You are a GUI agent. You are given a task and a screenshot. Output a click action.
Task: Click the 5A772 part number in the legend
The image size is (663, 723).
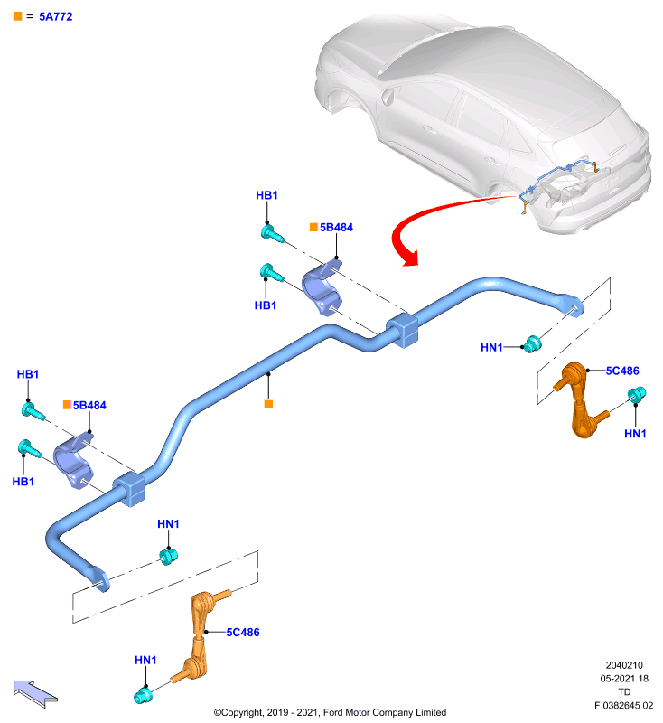coord(56,16)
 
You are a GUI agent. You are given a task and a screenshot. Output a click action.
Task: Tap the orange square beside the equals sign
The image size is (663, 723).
coord(18,16)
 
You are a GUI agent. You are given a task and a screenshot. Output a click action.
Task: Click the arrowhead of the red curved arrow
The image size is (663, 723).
coord(409,258)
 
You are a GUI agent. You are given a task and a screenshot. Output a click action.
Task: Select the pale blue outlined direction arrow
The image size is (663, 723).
coord(35,693)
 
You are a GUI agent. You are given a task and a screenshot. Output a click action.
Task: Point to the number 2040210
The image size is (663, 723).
coord(624,665)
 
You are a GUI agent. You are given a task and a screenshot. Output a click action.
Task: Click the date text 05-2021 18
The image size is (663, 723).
coord(624,679)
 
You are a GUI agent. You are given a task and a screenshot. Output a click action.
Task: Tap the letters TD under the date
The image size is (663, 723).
coord(624,691)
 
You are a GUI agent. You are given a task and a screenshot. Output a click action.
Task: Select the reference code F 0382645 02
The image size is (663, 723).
coord(623,705)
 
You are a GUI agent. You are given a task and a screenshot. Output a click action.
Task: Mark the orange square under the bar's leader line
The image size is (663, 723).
coord(268,404)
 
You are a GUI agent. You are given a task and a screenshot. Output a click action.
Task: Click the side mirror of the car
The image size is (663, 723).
coord(388,97)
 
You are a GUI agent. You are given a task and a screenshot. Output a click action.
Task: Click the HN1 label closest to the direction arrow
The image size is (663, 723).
coord(145,660)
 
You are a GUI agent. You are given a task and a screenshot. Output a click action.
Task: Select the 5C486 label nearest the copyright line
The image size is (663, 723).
coord(243,632)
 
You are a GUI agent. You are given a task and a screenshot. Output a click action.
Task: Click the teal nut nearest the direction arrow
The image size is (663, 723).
coord(143,695)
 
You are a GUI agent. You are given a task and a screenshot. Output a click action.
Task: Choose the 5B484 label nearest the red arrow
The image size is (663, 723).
coord(336,228)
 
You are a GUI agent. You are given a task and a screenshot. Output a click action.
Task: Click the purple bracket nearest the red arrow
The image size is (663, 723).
coord(322,287)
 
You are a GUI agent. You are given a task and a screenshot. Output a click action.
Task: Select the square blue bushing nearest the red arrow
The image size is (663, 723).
coord(402,330)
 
